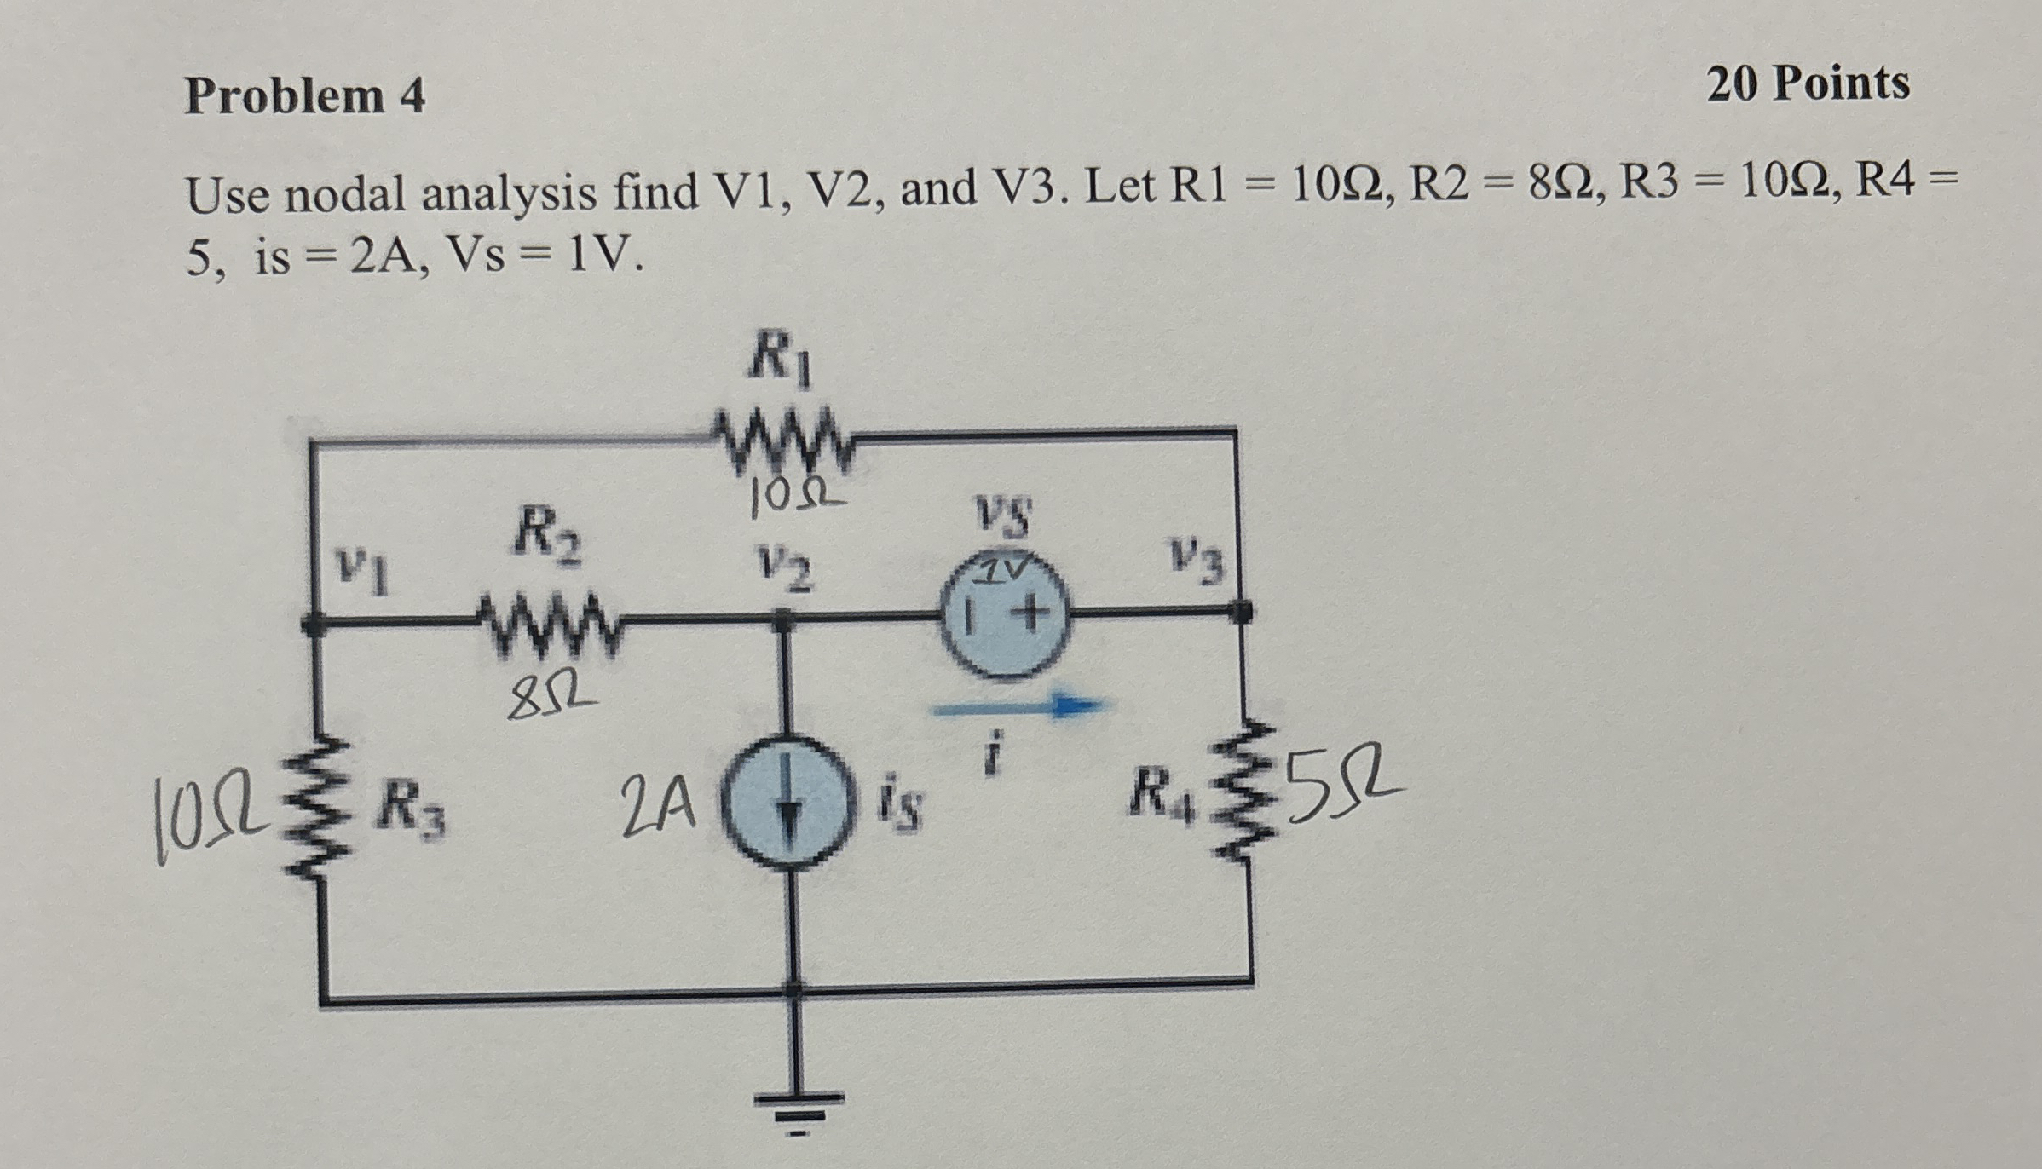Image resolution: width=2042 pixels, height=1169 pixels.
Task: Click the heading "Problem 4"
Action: click(x=304, y=95)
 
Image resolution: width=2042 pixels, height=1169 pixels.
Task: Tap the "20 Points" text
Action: click(x=1808, y=84)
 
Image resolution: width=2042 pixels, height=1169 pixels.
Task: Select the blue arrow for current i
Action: click(x=1018, y=706)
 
